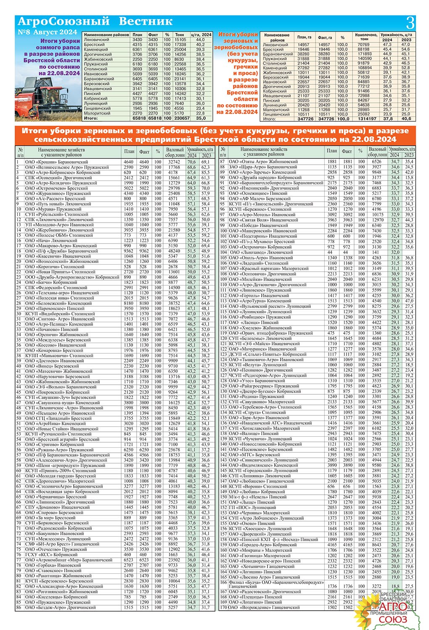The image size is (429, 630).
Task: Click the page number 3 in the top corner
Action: [410, 22]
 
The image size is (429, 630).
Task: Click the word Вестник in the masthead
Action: [146, 21]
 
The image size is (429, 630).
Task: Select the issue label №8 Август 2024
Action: [47, 32]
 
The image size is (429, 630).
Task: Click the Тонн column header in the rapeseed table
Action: [180, 35]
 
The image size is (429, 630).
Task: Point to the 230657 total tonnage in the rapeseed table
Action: [182, 118]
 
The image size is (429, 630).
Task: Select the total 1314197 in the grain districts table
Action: [364, 119]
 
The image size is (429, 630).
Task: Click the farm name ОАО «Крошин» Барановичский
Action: [57, 162]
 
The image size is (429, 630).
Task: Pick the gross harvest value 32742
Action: [173, 162]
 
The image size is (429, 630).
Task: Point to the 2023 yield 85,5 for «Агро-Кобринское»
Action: [205, 173]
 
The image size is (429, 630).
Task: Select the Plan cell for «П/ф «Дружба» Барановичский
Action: [128, 251]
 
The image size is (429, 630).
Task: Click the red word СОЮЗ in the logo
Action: [393, 619]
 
